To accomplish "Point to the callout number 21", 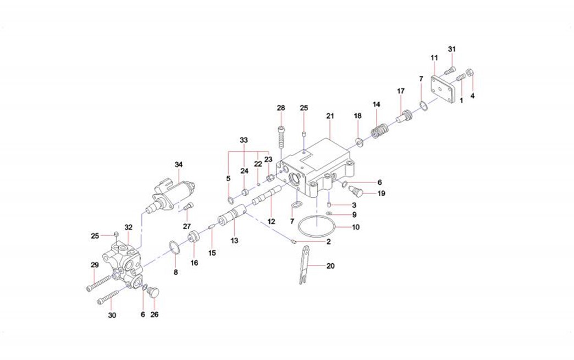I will (x=330, y=116).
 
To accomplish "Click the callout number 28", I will (x=282, y=107).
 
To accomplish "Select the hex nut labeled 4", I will (x=470, y=73).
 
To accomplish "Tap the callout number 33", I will (x=244, y=140).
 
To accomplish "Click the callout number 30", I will (x=112, y=315).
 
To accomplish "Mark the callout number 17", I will (x=400, y=91).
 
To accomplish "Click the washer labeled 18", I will (x=358, y=143).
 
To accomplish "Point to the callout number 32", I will (x=129, y=226).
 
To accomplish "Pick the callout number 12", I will (x=271, y=221).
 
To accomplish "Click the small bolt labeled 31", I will (x=449, y=70).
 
